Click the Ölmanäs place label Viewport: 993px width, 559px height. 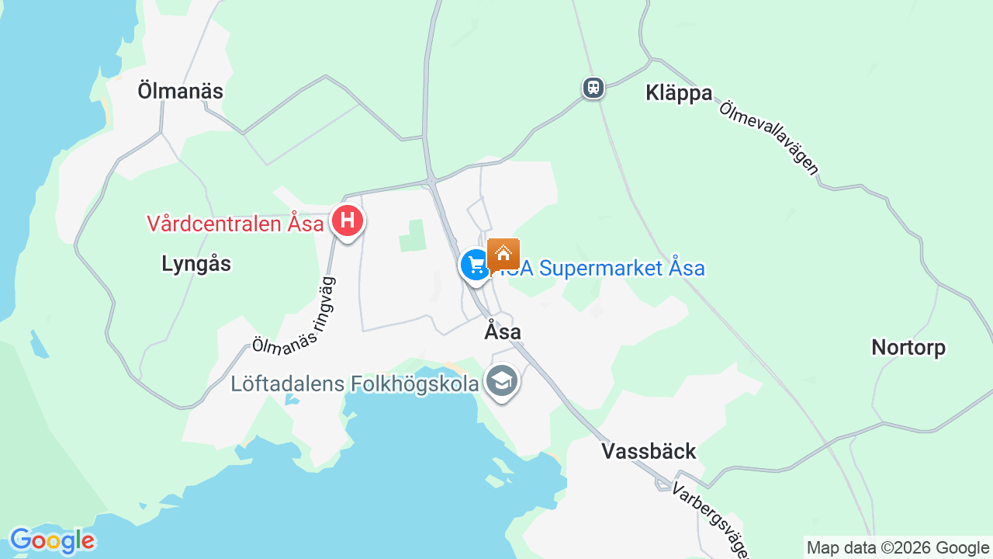(180, 92)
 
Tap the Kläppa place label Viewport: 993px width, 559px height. (679, 93)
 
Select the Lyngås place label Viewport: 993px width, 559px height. (196, 264)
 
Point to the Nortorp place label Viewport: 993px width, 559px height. (908, 347)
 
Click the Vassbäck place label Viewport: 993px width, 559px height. (649, 452)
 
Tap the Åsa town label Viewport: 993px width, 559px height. (503, 332)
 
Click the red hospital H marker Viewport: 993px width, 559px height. (348, 222)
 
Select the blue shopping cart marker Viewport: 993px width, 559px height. (475, 265)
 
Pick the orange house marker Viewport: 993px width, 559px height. (503, 254)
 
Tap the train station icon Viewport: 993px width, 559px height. (593, 88)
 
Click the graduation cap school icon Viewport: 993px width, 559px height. (501, 381)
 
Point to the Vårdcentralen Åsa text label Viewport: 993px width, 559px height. (235, 224)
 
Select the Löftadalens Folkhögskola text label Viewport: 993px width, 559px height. (355, 384)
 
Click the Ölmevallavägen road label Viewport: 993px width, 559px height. (769, 138)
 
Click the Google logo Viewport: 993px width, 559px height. (52, 540)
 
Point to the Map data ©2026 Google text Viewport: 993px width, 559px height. (898, 547)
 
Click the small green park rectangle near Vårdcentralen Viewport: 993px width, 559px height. (413, 236)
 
